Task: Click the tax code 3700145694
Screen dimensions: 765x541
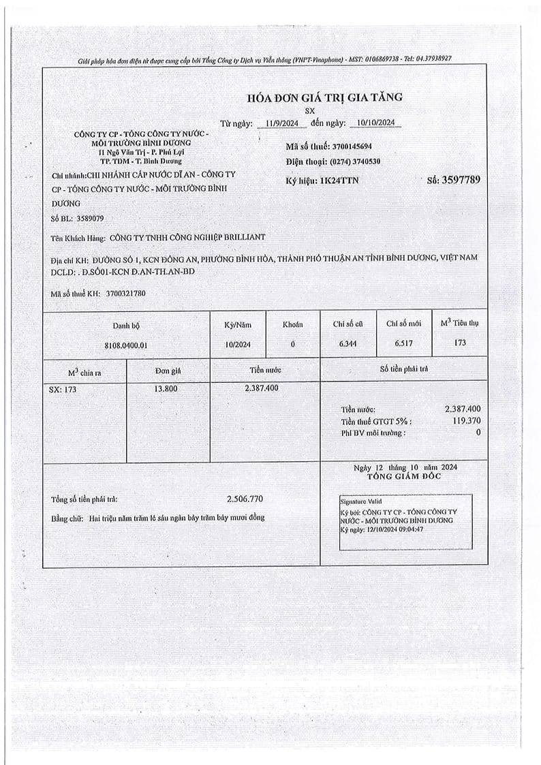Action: [x=351, y=146]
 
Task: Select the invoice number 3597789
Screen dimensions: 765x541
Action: [x=462, y=180]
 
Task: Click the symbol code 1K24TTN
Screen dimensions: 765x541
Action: [x=339, y=181]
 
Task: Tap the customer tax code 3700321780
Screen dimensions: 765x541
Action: [x=126, y=294]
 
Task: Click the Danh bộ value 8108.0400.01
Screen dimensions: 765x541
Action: [x=126, y=345]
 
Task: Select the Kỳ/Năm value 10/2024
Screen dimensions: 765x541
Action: [x=238, y=344]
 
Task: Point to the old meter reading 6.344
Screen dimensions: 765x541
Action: [x=347, y=343]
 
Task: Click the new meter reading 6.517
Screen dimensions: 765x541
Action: [x=404, y=343]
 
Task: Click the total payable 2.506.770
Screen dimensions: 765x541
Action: [x=244, y=499]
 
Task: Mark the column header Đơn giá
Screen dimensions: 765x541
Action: [x=167, y=371]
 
